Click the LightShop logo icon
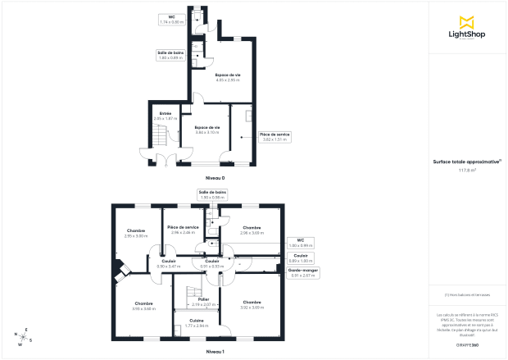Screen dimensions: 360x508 (x=468, y=21)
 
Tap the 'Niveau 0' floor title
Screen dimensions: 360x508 (x=215, y=178)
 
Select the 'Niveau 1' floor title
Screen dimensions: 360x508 (x=215, y=351)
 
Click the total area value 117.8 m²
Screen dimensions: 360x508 (x=467, y=170)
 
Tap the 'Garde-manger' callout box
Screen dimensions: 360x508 (x=304, y=273)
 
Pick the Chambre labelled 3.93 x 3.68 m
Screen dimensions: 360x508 (x=144, y=306)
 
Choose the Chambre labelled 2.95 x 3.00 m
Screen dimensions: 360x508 (x=136, y=233)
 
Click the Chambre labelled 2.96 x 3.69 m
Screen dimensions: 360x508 (x=252, y=230)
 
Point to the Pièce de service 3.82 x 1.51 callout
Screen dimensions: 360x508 (x=275, y=137)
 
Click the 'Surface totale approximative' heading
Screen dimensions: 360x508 (x=467, y=162)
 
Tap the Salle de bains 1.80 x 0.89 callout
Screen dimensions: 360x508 (x=171, y=55)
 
